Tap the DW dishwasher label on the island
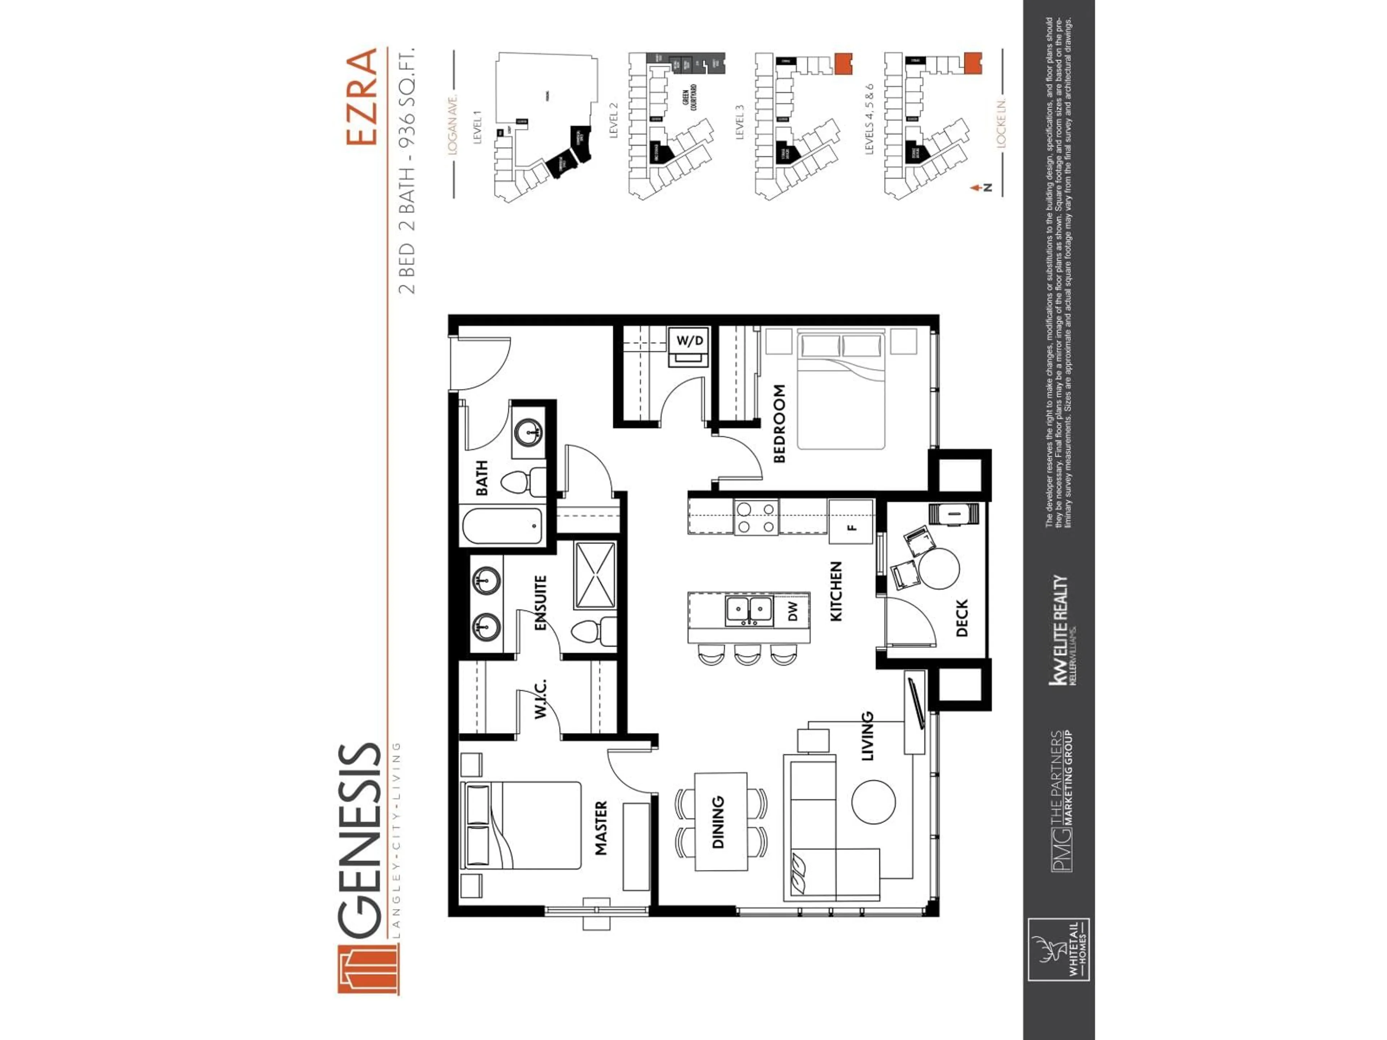click(x=792, y=611)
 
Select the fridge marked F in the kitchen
click(x=850, y=521)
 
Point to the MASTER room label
click(x=601, y=828)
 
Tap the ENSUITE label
click(x=540, y=602)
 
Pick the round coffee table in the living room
click(x=873, y=802)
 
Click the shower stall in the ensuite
click(x=595, y=575)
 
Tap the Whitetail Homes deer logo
click(x=1058, y=949)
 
